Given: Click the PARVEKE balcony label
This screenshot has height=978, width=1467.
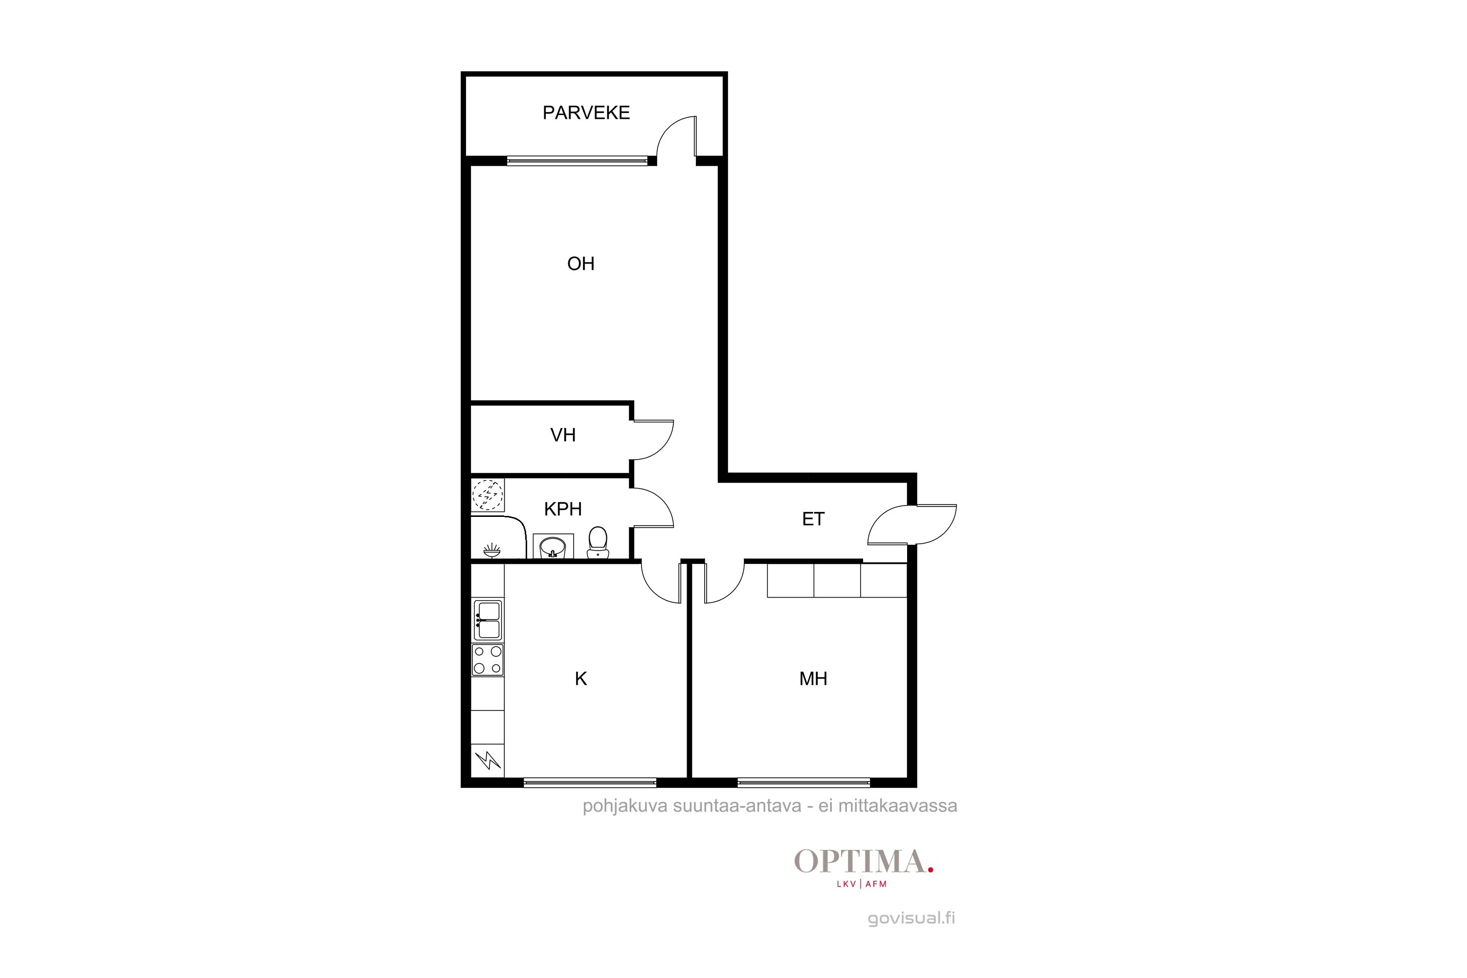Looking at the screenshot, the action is coord(586,113).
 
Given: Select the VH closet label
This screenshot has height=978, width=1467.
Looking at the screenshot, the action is coord(563,435).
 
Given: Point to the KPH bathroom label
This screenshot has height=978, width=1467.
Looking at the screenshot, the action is coord(563,509).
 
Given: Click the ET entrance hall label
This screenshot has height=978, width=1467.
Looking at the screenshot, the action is coord(813,519).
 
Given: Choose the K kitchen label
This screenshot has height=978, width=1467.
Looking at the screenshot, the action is coord(581,679).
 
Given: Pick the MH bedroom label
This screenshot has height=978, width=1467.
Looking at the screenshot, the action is coord(813,679).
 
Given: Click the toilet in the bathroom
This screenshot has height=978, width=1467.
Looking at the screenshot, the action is coord(598,542).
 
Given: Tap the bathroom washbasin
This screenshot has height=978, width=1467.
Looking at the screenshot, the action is coord(553,546).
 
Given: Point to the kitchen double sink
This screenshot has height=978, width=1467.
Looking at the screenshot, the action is coord(487,620).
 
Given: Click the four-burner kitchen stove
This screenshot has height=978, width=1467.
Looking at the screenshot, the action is coord(487,660).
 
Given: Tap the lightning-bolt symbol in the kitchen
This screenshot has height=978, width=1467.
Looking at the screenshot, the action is coord(488,760).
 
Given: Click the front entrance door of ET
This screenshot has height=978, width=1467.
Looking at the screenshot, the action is coord(912,524).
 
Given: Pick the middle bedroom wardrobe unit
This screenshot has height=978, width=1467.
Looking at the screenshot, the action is coord(837,580).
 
